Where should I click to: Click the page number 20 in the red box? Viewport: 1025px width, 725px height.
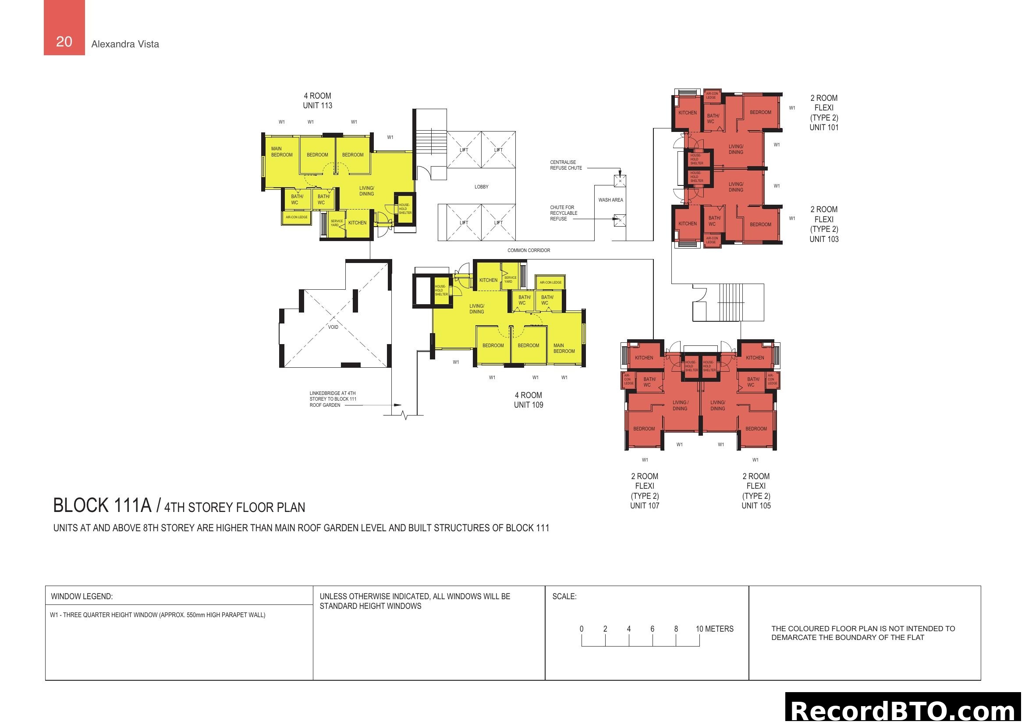point(64,42)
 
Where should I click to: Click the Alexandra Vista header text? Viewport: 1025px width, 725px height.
point(125,44)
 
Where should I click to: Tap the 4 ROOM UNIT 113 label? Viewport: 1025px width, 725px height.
point(317,100)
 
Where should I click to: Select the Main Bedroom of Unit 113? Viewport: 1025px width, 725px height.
point(282,152)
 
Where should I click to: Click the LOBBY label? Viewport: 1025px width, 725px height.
point(481,187)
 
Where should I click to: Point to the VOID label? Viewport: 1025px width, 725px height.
point(333,327)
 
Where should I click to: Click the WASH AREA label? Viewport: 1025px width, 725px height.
point(610,200)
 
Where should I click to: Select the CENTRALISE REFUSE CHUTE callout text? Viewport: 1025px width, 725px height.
point(566,165)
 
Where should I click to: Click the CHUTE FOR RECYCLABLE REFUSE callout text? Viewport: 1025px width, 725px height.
point(564,213)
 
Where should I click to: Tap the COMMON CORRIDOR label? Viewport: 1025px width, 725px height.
point(528,250)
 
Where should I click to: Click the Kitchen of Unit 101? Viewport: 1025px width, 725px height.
point(687,113)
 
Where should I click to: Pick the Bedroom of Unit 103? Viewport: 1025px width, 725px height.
point(760,224)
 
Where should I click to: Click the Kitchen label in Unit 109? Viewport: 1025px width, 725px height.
point(488,281)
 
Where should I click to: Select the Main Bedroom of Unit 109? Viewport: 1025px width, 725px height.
point(564,348)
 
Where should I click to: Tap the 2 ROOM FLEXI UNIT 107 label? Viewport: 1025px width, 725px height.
point(645,490)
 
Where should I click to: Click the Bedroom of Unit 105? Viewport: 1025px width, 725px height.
point(756,429)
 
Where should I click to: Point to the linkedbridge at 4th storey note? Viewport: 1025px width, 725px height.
point(333,399)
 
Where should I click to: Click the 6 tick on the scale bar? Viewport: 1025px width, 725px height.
point(652,629)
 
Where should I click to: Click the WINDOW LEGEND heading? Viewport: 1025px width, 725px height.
point(82,597)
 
